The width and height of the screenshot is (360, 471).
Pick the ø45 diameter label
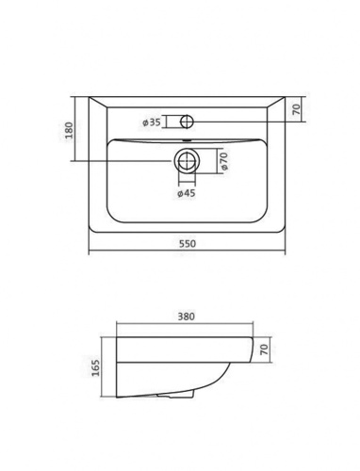pyautogui.click(x=186, y=193)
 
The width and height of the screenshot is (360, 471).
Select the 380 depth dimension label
pyautogui.click(x=185, y=317)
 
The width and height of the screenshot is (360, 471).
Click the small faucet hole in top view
pyautogui.click(x=186, y=121)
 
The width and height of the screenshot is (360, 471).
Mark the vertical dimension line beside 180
pyautogui.click(x=75, y=128)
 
